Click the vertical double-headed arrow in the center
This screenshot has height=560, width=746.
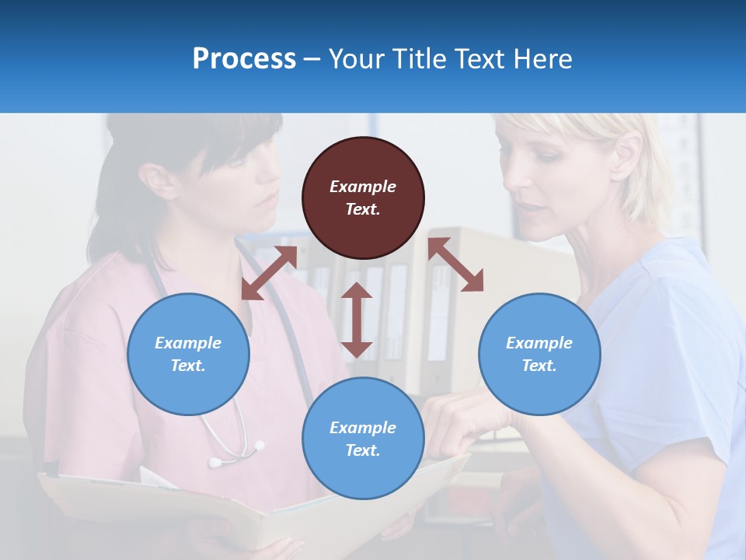pyautogui.click(x=357, y=320)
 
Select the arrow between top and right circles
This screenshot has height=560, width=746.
pyautogui.click(x=455, y=264)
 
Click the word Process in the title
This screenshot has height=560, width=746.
pyautogui.click(x=244, y=58)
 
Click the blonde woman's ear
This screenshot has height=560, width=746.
pyautogui.click(x=627, y=153)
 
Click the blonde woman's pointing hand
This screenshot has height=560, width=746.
pyautogui.click(x=458, y=420)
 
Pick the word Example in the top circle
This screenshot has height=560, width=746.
pyautogui.click(x=363, y=187)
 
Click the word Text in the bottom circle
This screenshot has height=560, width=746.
pyautogui.click(x=363, y=450)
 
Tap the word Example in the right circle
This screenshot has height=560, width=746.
pyautogui.click(x=539, y=343)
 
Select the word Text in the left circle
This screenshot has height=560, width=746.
pyautogui.click(x=188, y=366)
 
